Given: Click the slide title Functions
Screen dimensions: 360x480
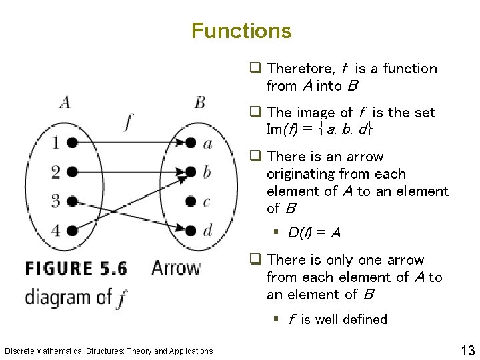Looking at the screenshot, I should click(x=241, y=31).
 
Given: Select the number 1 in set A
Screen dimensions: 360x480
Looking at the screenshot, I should click(x=56, y=143).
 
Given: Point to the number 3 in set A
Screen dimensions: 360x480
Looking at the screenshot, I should click(x=56, y=201).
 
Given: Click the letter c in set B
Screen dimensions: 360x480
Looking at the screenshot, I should click(x=207, y=201).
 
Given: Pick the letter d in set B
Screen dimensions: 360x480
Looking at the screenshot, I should click(x=207, y=231).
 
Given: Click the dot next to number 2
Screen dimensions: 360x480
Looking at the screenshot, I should click(x=71, y=172).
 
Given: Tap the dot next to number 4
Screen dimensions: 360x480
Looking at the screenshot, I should click(x=71, y=231).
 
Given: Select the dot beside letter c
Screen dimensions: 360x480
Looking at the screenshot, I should click(x=191, y=201).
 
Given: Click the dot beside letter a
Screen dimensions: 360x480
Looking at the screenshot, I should click(x=191, y=143).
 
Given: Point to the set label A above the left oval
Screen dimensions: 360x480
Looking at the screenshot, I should click(x=65, y=102).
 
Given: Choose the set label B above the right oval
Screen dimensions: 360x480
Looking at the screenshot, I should click(x=200, y=102).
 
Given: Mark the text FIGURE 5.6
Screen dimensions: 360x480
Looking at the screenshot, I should click(x=76, y=269).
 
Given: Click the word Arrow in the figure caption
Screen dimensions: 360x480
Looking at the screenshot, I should click(x=176, y=268).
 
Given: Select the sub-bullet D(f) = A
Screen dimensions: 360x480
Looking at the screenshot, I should click(x=314, y=233).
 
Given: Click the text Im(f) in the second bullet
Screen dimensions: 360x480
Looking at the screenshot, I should click(x=280, y=130).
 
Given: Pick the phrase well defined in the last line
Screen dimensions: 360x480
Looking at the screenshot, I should click(x=351, y=319).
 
